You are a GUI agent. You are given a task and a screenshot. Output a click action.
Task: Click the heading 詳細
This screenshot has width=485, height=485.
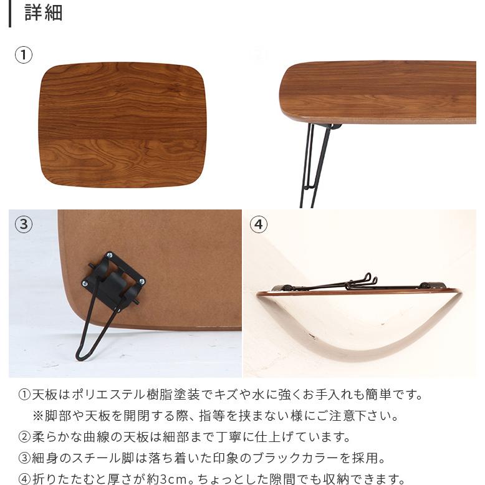(x=44, y=12)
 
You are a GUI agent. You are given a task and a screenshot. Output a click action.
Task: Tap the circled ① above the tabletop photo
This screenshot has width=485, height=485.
(x=23, y=55)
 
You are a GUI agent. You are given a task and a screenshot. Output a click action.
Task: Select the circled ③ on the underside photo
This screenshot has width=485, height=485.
(x=23, y=224)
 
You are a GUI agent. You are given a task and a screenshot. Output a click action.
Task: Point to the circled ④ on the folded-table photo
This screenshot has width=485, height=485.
(x=258, y=224)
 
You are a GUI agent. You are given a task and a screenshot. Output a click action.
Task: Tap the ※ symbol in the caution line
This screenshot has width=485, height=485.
(x=38, y=416)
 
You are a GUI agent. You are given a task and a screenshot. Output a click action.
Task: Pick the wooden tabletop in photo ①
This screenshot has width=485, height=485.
(x=122, y=125)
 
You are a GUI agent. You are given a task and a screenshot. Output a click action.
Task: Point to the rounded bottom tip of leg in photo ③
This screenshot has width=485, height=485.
(x=80, y=356)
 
